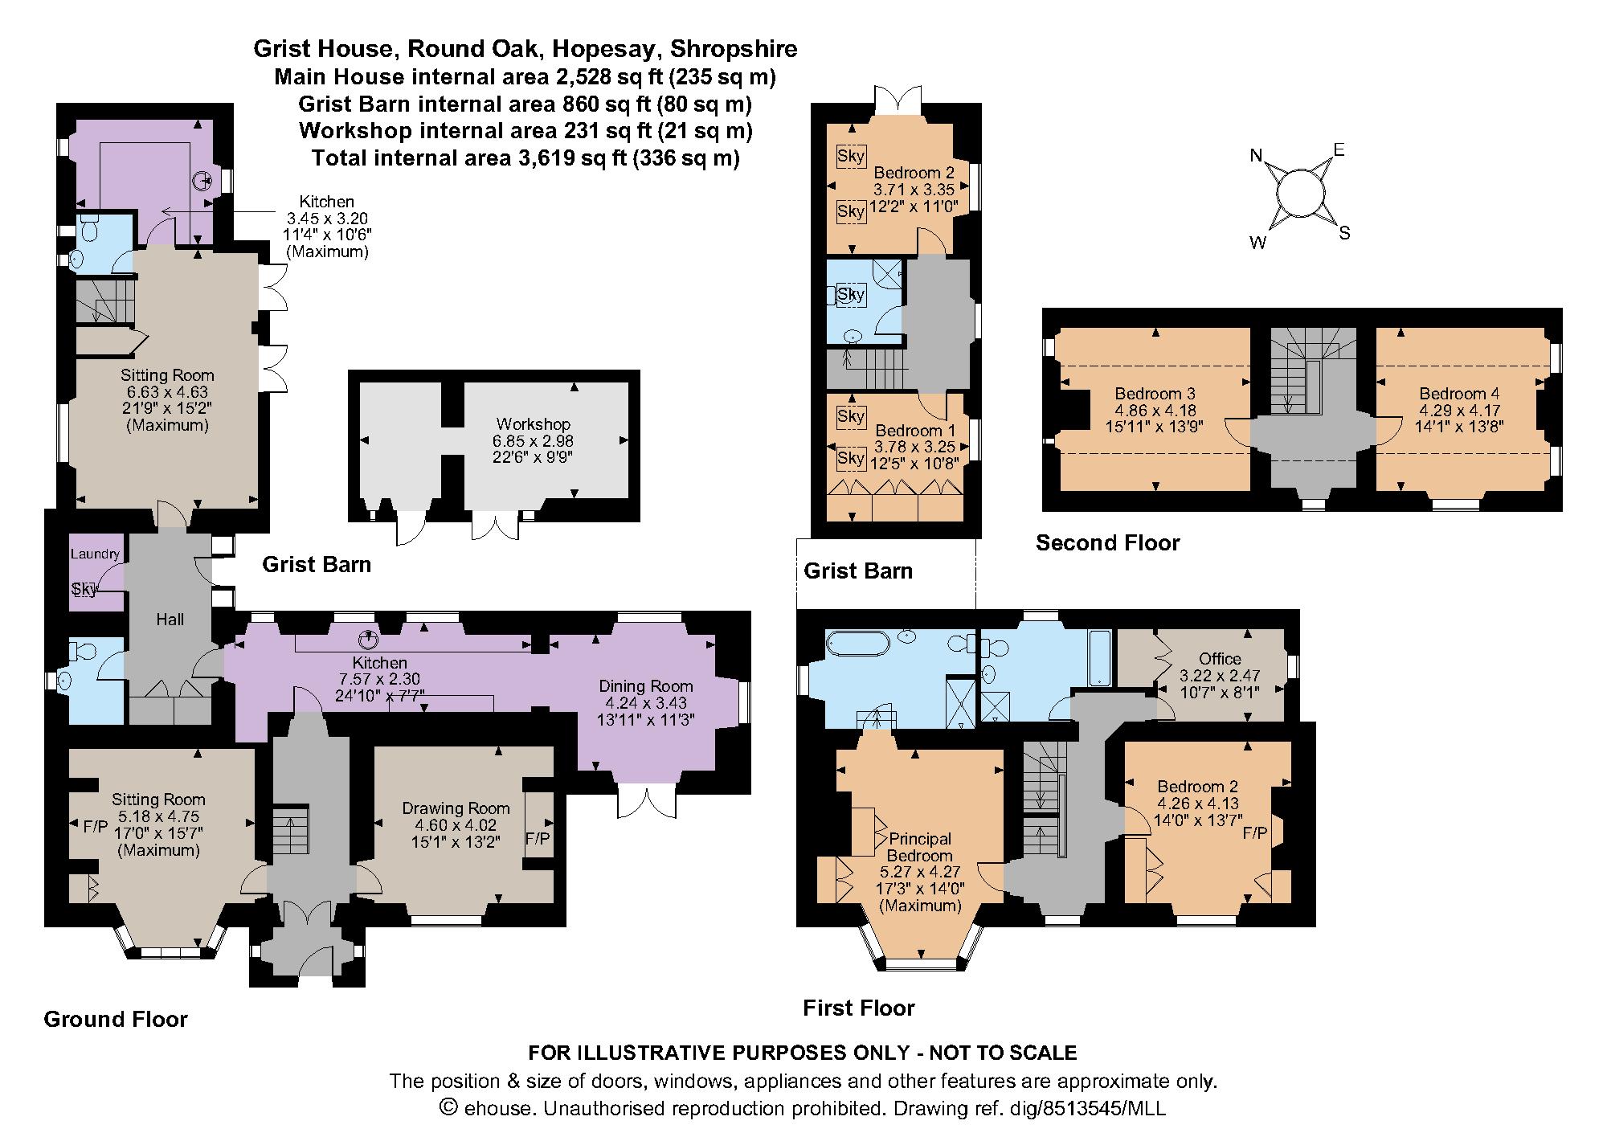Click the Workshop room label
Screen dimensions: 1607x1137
(534, 423)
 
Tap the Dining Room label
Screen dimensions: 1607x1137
(645, 685)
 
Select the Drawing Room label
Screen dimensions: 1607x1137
(456, 808)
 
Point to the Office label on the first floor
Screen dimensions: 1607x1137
(1220, 658)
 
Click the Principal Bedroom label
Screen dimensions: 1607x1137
(920, 847)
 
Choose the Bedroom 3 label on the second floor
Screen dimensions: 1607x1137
(1155, 394)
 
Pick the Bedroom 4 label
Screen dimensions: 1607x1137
(1459, 394)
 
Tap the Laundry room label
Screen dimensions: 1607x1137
(95, 554)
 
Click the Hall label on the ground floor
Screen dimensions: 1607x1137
(170, 619)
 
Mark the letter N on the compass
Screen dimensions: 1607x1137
(1257, 156)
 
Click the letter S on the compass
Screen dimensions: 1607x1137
(1344, 234)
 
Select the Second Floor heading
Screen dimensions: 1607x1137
(1107, 542)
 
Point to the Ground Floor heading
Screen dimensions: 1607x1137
(116, 1019)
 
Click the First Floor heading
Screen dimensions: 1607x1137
(859, 1008)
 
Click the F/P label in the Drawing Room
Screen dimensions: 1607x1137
(538, 838)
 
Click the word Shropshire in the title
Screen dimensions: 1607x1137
(734, 49)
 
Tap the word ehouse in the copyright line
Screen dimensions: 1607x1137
(497, 1109)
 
